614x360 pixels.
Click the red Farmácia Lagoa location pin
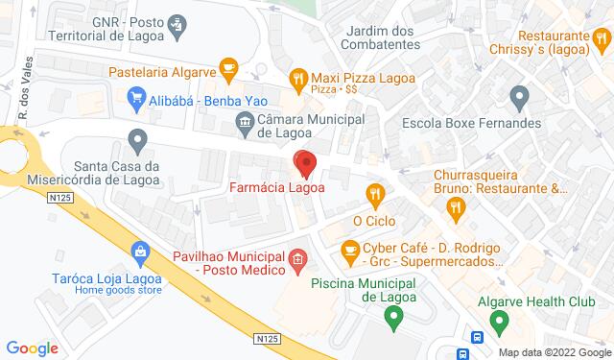tap(305, 164)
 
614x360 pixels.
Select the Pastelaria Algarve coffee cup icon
tap(227, 66)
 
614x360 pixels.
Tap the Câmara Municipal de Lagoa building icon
tap(244, 121)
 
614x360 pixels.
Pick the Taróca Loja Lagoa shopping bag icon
tap(141, 253)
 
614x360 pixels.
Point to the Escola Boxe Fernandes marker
tap(521, 96)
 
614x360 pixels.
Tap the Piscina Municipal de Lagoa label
tap(361, 290)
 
